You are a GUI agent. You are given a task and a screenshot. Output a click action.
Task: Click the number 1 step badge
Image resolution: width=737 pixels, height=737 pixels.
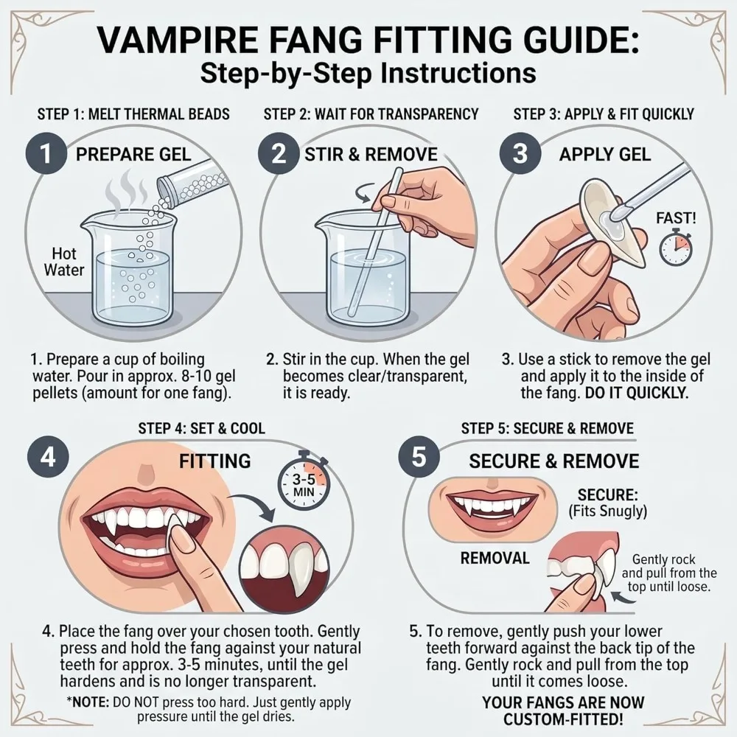click(46, 154)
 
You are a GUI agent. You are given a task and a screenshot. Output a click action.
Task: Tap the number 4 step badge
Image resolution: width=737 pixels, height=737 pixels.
click(48, 457)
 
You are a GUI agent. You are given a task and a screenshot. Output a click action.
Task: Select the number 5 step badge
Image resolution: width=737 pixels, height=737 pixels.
click(419, 457)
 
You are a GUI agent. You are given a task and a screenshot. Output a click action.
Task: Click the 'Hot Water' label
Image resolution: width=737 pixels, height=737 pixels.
click(64, 262)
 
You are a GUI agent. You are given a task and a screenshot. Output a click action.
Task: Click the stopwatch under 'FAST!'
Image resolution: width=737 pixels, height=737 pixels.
click(676, 247)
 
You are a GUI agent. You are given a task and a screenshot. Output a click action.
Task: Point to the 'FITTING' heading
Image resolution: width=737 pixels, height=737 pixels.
click(214, 461)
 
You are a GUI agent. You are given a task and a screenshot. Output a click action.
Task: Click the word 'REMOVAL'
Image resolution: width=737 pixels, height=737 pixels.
click(495, 559)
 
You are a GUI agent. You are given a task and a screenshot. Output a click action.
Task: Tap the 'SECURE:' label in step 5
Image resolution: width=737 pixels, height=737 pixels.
click(607, 495)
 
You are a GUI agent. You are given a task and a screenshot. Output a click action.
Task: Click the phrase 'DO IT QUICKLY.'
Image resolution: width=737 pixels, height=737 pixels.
click(637, 394)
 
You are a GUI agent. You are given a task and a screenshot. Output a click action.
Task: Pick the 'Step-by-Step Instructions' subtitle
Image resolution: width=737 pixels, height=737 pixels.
click(368, 73)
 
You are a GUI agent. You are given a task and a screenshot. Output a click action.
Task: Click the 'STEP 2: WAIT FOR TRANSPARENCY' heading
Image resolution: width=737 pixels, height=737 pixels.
click(371, 114)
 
